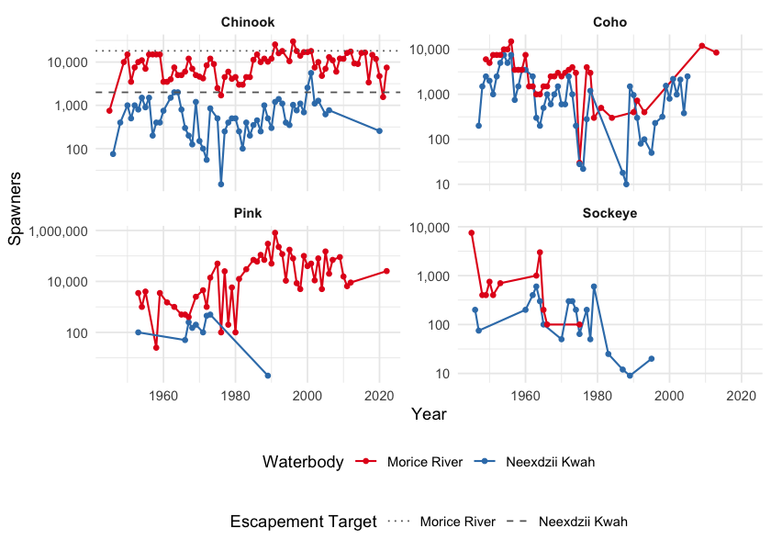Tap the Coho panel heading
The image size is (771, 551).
(609, 22)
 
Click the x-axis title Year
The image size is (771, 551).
(430, 415)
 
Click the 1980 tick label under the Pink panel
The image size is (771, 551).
(235, 396)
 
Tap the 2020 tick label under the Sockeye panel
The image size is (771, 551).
(741, 396)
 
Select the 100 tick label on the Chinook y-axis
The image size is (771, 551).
(74, 150)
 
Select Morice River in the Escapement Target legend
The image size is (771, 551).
(457, 522)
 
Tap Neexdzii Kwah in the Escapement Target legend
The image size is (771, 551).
(582, 522)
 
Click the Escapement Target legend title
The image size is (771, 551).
(303, 522)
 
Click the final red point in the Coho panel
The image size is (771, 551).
(716, 52)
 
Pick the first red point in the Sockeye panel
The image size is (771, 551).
(472, 233)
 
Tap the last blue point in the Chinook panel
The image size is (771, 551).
(379, 131)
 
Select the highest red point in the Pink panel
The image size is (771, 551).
(275, 233)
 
